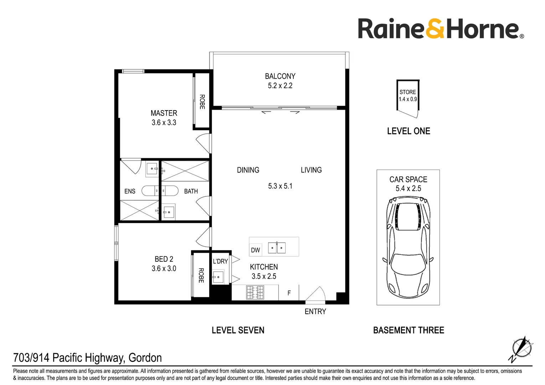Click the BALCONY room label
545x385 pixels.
click(280, 76)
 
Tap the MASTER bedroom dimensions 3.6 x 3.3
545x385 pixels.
click(164, 122)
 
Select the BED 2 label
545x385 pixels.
click(164, 259)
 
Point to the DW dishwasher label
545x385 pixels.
click(256, 250)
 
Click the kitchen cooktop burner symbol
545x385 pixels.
click(255, 292)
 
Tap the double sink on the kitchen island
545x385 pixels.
click(277, 248)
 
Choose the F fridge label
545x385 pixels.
click(289, 293)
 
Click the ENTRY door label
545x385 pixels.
click(315, 312)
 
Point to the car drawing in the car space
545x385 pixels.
click(408, 247)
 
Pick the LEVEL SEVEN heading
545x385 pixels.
click(238, 330)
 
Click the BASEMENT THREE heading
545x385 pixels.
click(409, 330)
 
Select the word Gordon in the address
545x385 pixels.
click(145, 358)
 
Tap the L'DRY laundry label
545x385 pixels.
click(220, 261)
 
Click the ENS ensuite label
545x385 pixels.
click(130, 191)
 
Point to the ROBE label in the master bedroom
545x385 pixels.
click(202, 102)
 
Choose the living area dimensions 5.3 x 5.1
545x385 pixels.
click(280, 186)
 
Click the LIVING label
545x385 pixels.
click(311, 170)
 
